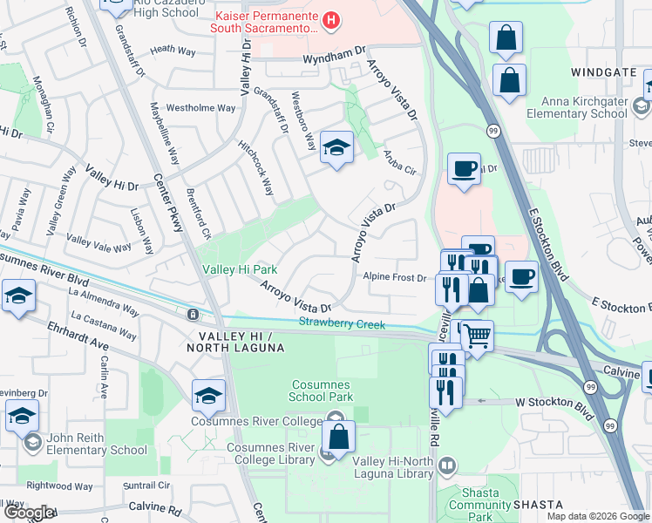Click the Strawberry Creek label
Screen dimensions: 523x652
(342, 324)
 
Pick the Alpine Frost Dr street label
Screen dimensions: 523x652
(395, 278)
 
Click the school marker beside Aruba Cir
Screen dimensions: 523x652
(336, 147)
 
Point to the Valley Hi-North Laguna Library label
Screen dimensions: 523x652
(393, 474)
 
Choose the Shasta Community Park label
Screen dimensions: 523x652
(473, 505)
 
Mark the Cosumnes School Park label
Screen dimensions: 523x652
(329, 391)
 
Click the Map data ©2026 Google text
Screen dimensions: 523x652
(597, 516)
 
